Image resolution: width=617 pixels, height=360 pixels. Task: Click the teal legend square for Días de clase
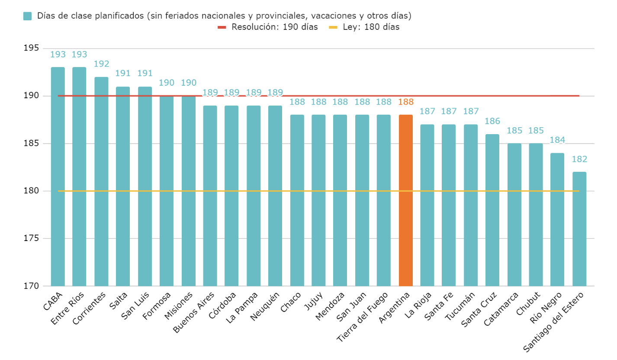pyautogui.click(x=27, y=16)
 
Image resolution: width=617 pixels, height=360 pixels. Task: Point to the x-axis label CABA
pyautogui.click(x=54, y=301)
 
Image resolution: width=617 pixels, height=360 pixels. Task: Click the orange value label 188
pyautogui.click(x=405, y=102)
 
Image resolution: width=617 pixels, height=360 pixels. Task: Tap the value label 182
pyautogui.click(x=579, y=159)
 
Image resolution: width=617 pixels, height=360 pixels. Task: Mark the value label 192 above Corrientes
pyautogui.click(x=101, y=64)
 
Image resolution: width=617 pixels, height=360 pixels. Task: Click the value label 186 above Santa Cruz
pyautogui.click(x=492, y=121)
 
